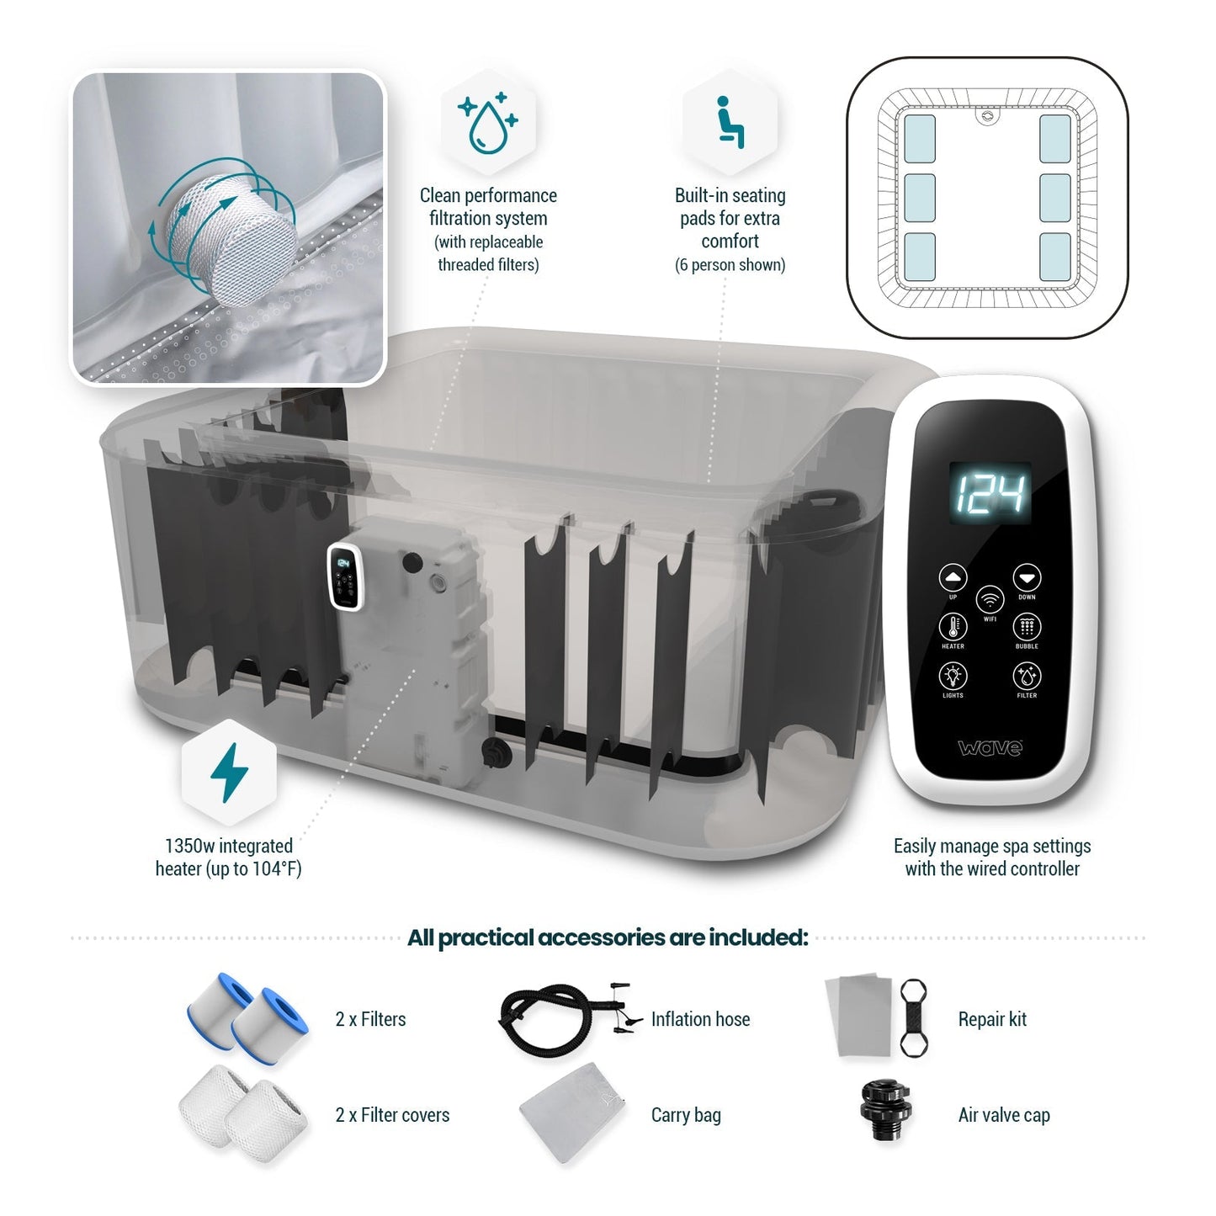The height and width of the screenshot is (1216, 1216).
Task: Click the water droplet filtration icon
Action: tap(488, 123)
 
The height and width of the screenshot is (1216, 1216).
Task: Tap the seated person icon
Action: tap(729, 123)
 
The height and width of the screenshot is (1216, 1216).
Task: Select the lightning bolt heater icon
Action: tap(229, 772)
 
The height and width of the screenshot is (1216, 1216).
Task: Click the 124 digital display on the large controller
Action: tap(990, 492)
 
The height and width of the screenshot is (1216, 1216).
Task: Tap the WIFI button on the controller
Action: tap(990, 600)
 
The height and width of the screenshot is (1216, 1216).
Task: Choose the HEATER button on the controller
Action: tap(953, 627)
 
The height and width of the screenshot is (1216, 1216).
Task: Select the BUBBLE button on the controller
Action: tap(1027, 627)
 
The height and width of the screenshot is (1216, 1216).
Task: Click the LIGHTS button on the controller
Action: tap(953, 676)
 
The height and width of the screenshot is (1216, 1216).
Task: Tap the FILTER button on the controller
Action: tap(1027, 676)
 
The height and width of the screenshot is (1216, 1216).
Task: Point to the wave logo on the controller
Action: tap(990, 747)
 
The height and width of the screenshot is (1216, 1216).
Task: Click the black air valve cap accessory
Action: tap(884, 1110)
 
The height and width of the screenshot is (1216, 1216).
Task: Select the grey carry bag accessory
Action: tap(575, 1112)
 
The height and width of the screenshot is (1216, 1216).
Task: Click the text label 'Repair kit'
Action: tap(992, 1019)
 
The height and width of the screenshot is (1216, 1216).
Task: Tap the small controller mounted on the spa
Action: tap(344, 576)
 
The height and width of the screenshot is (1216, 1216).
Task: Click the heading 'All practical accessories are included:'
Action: tap(608, 937)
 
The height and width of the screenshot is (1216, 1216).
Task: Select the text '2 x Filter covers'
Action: tap(392, 1115)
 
